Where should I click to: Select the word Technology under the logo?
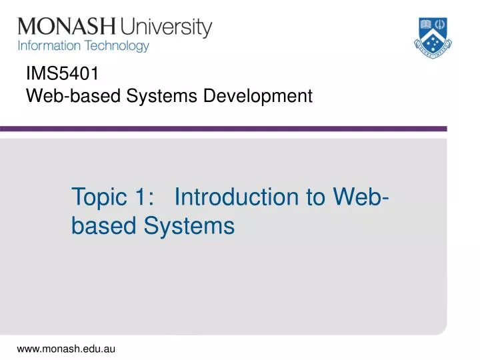click(x=115, y=47)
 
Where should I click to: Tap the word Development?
click(x=259, y=97)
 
